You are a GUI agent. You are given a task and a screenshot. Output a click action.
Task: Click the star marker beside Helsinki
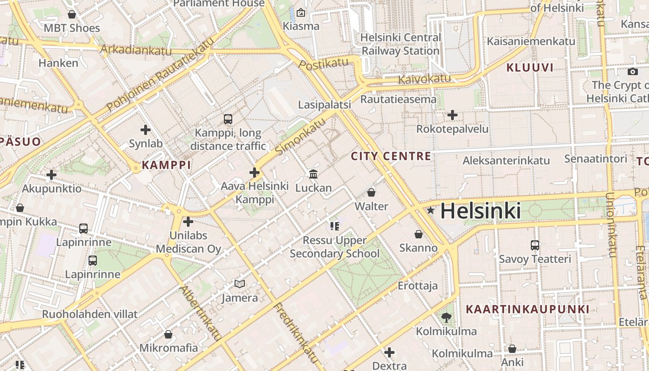click(431, 211)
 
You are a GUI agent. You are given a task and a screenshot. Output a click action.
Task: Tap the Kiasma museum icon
click(301, 13)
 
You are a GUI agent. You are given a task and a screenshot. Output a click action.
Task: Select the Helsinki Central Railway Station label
click(401, 44)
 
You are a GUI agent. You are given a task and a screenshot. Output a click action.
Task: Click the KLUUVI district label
click(530, 68)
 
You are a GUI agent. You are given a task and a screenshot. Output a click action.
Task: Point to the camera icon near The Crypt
click(632, 71)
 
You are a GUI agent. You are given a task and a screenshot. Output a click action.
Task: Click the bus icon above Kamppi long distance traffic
click(228, 119)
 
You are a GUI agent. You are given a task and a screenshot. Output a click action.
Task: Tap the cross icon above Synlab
click(146, 130)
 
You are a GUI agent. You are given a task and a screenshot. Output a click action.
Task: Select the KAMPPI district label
click(166, 165)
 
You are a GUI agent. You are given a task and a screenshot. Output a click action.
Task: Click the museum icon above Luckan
click(313, 174)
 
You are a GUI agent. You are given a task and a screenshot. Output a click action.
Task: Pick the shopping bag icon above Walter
click(371, 192)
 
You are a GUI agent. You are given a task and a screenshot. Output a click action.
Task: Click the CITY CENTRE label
click(391, 156)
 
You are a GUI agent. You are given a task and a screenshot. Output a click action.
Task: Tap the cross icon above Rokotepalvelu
click(452, 115)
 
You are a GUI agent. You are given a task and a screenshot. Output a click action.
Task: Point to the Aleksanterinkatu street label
click(506, 160)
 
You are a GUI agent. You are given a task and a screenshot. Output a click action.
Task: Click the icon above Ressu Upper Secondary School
click(334, 226)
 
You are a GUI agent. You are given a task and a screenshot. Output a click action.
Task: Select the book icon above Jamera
click(239, 284)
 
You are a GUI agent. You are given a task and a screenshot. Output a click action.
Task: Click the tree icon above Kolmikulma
click(446, 318)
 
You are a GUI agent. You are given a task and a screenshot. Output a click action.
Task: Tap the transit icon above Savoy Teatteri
click(534, 245)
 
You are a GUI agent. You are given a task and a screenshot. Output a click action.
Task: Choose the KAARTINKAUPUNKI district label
click(528, 309)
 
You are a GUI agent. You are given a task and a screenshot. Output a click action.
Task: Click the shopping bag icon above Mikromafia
click(168, 334)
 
